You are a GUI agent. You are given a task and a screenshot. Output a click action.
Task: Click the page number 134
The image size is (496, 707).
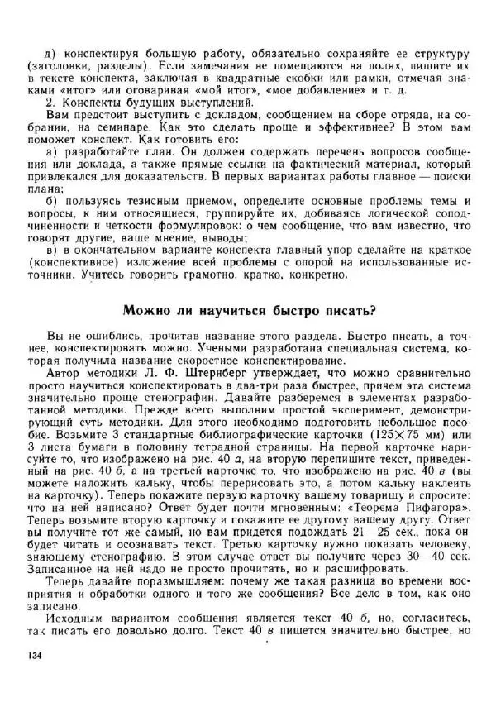pyautogui.click(x=33, y=655)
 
